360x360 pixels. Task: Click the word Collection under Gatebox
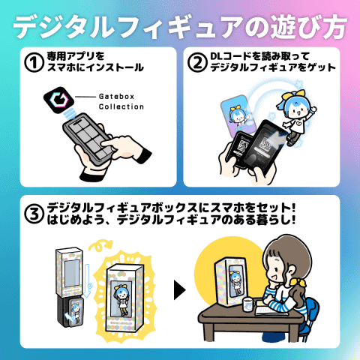coord(121,106)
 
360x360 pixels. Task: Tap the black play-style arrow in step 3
coord(180,287)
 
